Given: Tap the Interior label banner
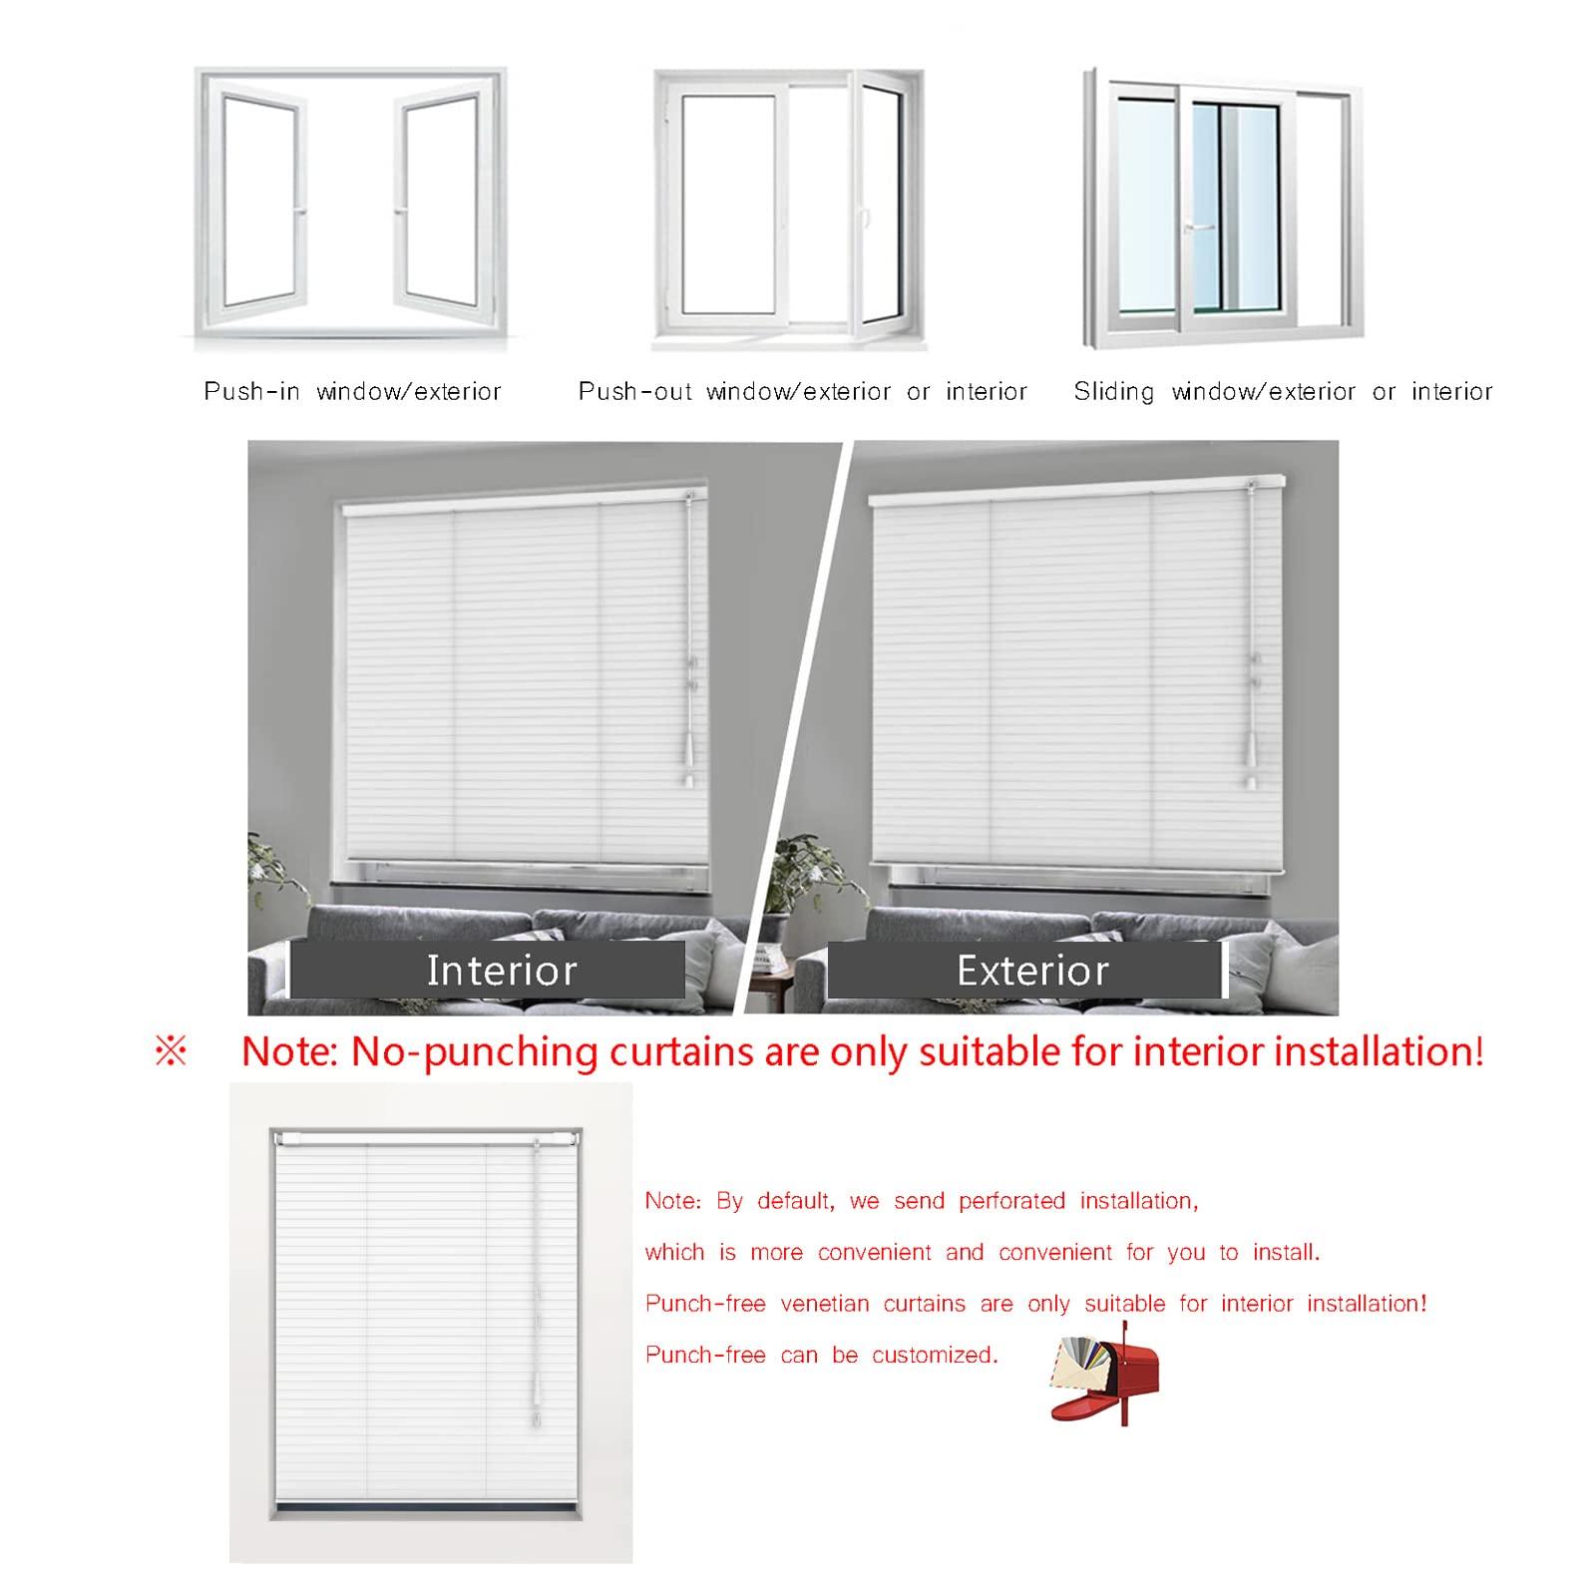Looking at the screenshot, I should pos(488,970).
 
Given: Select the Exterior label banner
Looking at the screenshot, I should pos(1025,970).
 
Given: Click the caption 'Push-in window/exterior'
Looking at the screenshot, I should pos(352,391).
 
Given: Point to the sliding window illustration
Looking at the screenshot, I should pos(1221,209).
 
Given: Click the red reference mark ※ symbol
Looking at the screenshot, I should pos(171,1052).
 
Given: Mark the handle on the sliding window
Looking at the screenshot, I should pos(1198,227).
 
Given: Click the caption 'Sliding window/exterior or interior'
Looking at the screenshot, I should pos(1283,391).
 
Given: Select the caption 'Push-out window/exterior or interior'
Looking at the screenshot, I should pos(802,391).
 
